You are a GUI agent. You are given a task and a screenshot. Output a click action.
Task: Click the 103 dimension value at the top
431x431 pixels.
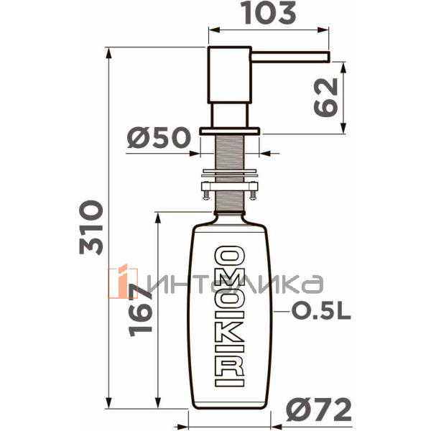pyautogui.click(x=269, y=12)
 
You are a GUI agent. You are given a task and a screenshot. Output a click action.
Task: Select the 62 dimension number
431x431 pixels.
pyautogui.click(x=325, y=97)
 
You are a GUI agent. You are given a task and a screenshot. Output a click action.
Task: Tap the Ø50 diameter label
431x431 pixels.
pyautogui.click(x=159, y=137)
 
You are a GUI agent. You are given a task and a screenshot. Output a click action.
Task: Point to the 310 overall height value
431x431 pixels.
pyautogui.click(x=91, y=227)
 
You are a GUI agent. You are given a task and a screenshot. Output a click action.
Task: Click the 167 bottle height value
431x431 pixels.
pyautogui.click(x=140, y=310)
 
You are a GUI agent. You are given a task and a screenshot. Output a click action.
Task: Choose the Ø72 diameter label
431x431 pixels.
pyautogui.click(x=319, y=409)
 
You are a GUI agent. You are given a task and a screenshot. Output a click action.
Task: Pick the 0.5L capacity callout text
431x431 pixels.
pyautogui.click(x=321, y=312)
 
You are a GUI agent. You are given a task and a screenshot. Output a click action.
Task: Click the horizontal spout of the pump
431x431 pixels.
pyautogui.click(x=290, y=56)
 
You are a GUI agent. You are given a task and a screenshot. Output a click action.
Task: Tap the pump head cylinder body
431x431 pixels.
pyautogui.click(x=229, y=75)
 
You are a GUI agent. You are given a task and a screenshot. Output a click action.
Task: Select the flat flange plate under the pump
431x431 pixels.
pyautogui.click(x=230, y=131)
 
